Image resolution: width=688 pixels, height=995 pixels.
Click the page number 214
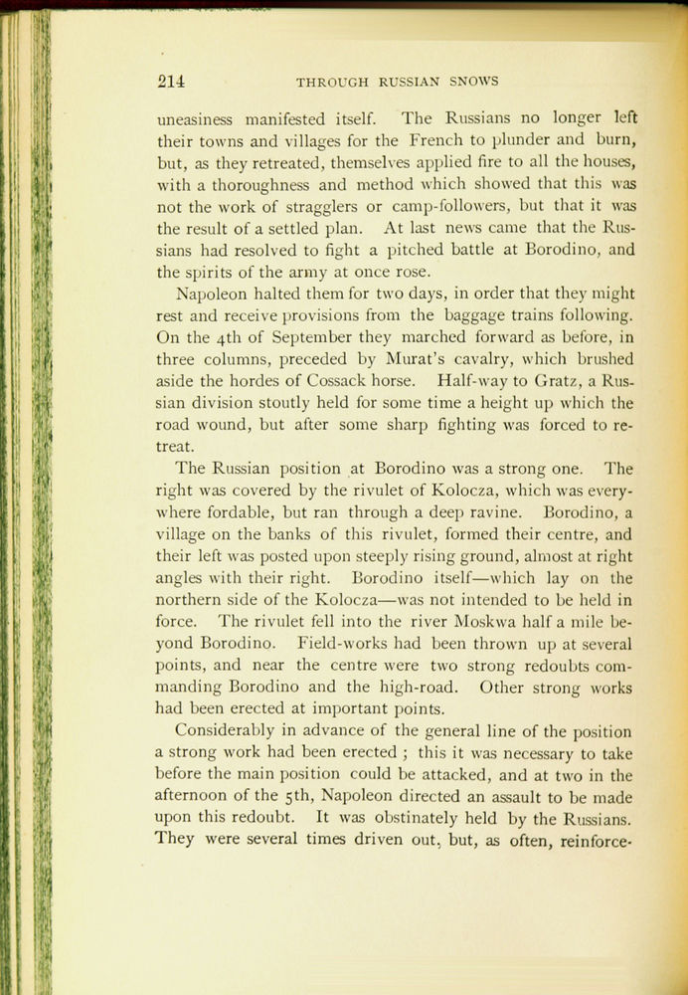[170, 81]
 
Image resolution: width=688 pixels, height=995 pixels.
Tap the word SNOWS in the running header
[473, 81]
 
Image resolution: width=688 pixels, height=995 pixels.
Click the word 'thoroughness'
[251, 184]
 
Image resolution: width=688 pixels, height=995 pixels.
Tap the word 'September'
[303, 338]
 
